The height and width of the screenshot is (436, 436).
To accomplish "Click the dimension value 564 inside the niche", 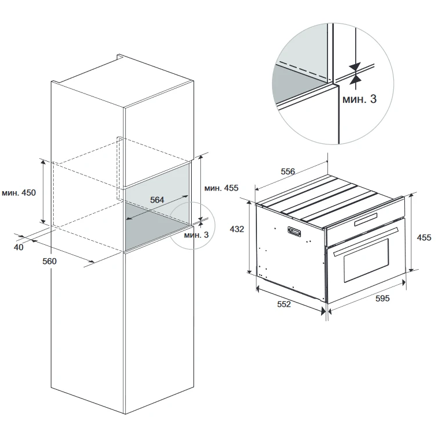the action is pos(157,200).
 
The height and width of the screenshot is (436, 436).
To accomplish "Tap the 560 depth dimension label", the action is pos(50,261).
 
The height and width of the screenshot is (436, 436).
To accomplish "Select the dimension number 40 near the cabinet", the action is pos(18,247).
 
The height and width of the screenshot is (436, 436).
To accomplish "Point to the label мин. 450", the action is pos(18,192).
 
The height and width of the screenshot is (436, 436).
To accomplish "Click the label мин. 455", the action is pos(221,188).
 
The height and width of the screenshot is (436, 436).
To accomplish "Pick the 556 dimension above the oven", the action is pos(288,172).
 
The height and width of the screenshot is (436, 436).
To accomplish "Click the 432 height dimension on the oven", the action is pos(237,229).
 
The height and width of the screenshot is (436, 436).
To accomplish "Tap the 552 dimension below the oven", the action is pos(284,304).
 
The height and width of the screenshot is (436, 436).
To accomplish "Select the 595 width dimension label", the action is pos(383,298).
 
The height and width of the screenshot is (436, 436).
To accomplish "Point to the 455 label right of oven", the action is pos(424,237).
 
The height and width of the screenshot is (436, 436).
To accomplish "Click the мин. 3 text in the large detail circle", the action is pos(360,99).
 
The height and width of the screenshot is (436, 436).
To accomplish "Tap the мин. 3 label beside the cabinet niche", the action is pos(196,235).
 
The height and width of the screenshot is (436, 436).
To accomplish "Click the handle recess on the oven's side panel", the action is pos(294,231).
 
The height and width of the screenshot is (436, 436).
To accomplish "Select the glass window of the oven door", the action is pos(366,260).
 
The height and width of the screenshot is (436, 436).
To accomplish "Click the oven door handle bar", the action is pos(366,241).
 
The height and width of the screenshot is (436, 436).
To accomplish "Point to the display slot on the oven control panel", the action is pos(366,219).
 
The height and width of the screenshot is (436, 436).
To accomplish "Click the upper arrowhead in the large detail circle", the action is pos(355,67).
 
